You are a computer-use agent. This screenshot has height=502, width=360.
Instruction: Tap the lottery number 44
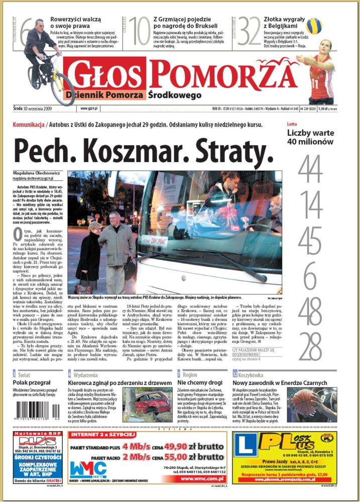[x=310, y=170]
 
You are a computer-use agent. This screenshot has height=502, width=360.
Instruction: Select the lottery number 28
[x=310, y=346]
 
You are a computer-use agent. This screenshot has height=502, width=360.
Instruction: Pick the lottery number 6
[x=310, y=276]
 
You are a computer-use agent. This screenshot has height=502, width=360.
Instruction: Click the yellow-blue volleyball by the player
[x=314, y=26]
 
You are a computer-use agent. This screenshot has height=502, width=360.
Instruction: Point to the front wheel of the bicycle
[x=62, y=90]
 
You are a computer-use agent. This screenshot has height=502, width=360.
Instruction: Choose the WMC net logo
[x=87, y=469]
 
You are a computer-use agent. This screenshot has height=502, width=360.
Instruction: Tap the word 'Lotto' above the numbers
[x=292, y=124]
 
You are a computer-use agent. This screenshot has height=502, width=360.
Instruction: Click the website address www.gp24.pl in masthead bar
[x=89, y=107]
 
